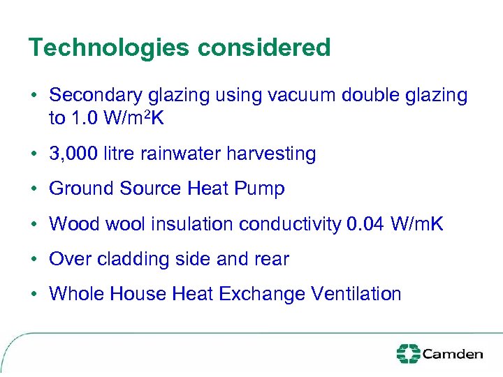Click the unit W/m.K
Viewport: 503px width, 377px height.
click(416, 224)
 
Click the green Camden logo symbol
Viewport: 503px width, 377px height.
click(408, 354)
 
